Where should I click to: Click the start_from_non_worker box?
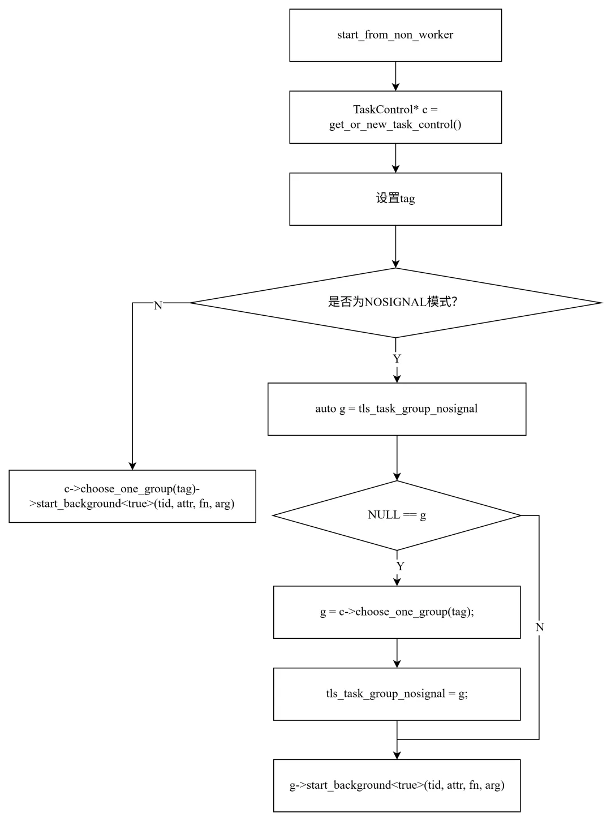click(x=395, y=35)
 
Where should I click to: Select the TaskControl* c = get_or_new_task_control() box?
click(x=395, y=117)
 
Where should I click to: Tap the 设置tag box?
click(x=395, y=199)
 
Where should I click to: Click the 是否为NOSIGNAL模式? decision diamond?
click(x=395, y=302)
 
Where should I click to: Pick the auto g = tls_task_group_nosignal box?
click(x=397, y=409)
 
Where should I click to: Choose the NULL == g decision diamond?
click(x=397, y=515)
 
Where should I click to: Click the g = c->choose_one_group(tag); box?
click(x=397, y=612)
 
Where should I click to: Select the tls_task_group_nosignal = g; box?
click(x=397, y=694)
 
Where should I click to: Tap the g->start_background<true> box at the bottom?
click(x=397, y=785)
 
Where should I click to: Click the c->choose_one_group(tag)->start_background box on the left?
click(x=132, y=496)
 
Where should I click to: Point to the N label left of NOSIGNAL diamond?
click(x=158, y=306)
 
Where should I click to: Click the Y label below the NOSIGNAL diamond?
click(x=397, y=358)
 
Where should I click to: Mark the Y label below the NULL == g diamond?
click(x=400, y=566)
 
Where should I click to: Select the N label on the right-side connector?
click(x=540, y=627)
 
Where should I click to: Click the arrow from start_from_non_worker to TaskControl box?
click(x=395, y=76)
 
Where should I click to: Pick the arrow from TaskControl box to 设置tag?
click(x=395, y=158)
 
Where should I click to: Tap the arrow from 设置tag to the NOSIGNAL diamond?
click(x=395, y=247)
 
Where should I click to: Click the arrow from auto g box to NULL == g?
click(x=397, y=458)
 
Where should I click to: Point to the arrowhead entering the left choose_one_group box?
click(x=132, y=466)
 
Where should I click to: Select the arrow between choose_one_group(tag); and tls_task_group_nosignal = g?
click(x=397, y=654)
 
